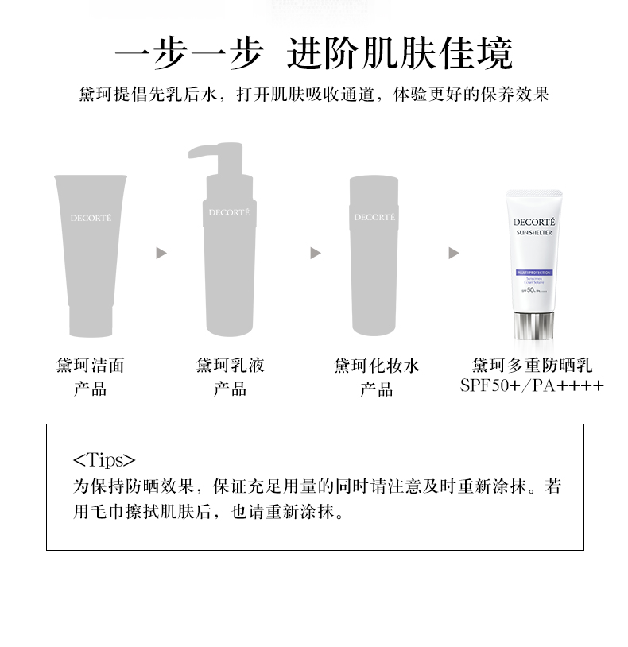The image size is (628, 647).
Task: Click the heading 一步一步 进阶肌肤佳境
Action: click(x=313, y=54)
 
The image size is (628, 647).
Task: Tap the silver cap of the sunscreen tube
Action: click(x=534, y=325)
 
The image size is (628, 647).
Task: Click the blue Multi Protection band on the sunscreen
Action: click(x=534, y=273)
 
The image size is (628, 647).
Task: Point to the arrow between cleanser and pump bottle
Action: click(x=161, y=253)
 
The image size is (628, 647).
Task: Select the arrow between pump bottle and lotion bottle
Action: click(x=315, y=253)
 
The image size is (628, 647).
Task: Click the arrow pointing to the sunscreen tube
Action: click(x=453, y=253)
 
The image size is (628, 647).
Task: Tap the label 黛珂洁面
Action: click(x=90, y=366)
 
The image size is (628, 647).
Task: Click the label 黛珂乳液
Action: click(x=230, y=366)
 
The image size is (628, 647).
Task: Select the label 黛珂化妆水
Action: click(x=376, y=366)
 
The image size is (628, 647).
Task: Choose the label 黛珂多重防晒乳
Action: click(x=532, y=366)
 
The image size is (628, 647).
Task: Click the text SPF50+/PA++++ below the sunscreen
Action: click(x=532, y=386)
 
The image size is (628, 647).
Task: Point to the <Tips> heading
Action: click(x=104, y=460)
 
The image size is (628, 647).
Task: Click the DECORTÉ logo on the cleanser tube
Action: click(x=89, y=217)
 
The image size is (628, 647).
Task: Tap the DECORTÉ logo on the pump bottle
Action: click(x=229, y=212)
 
